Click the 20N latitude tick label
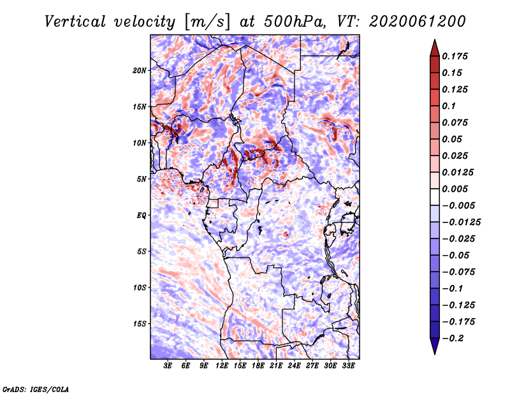tap(140, 71)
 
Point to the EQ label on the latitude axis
tap(141, 215)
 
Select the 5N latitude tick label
tap(142, 179)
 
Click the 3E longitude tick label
tap(168, 365)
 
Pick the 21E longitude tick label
tap(276, 365)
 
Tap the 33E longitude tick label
tap(348, 365)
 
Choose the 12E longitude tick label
tap(221, 365)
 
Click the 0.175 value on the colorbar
tap(455, 56)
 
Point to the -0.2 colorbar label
tap(453, 339)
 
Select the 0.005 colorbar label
tap(455, 189)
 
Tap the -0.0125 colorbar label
tap(461, 223)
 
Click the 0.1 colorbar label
tap(449, 106)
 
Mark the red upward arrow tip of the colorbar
tap(435, 40)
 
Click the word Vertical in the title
tap(75, 22)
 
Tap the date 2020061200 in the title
tap(418, 22)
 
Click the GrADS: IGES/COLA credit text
tap(36, 389)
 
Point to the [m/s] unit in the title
tap(207, 22)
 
